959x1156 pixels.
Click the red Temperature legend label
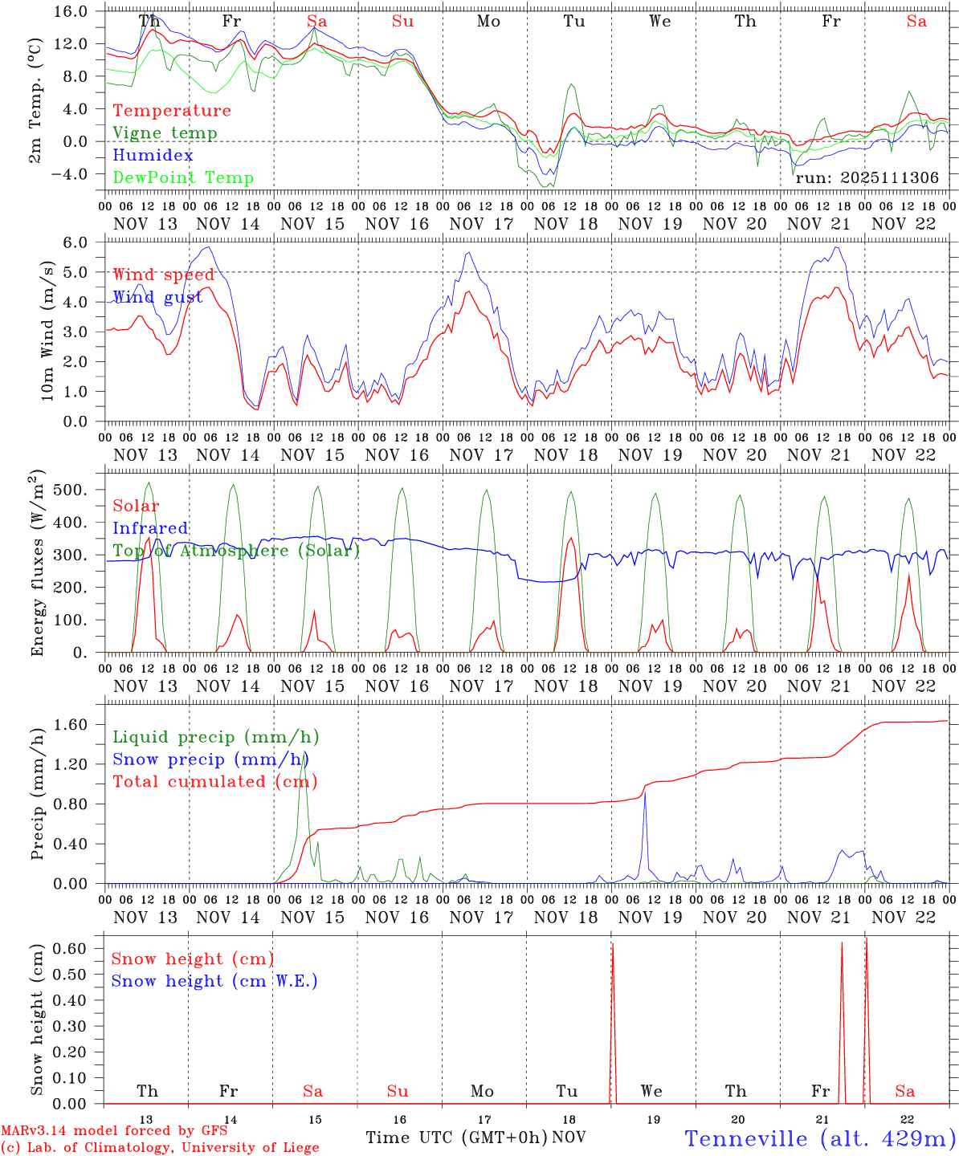(x=172, y=111)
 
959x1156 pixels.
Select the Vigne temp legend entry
(x=165, y=133)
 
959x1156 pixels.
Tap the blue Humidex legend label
(x=141, y=156)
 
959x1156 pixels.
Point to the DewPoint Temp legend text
(x=183, y=178)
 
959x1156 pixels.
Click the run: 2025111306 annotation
(x=867, y=178)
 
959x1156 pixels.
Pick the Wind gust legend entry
(x=157, y=298)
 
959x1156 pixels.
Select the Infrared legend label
(x=150, y=528)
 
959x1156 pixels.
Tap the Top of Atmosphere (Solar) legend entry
(x=236, y=551)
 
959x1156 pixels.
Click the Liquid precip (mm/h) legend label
(x=215, y=737)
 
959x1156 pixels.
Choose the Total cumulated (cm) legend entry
(x=215, y=782)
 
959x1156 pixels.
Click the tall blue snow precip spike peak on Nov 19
(x=645, y=792)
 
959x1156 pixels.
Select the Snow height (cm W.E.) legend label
(x=214, y=981)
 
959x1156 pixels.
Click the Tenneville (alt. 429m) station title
(x=819, y=1138)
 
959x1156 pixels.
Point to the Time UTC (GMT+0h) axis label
(x=456, y=1138)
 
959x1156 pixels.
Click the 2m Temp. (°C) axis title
(x=35, y=110)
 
